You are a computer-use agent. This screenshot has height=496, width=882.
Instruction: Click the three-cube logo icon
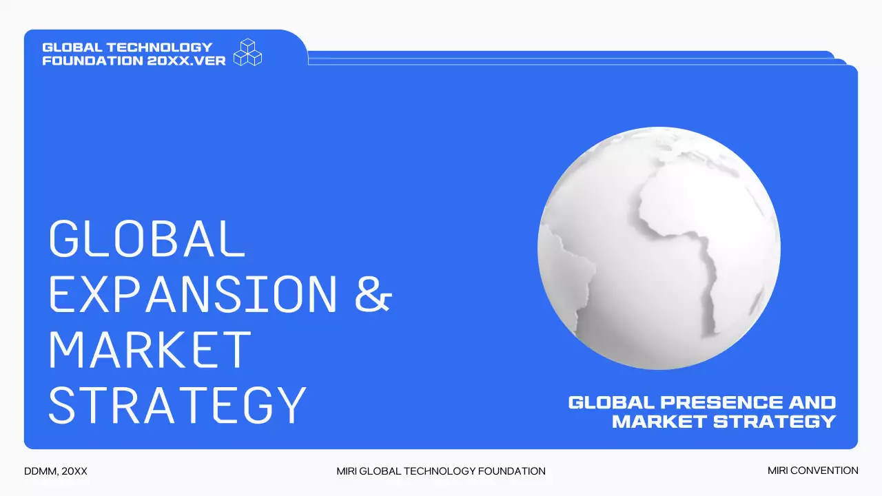point(247,52)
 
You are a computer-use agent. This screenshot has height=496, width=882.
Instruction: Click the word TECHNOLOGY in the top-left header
point(159,48)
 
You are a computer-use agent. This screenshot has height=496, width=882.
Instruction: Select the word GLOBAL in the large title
point(147,238)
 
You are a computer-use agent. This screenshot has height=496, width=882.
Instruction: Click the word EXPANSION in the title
point(193,294)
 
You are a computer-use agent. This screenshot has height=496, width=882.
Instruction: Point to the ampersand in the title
point(373,294)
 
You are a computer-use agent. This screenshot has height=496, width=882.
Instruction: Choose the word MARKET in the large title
point(150,349)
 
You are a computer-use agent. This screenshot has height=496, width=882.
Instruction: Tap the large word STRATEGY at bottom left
point(177,405)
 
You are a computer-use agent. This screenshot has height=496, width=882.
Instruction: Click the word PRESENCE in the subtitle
point(721,402)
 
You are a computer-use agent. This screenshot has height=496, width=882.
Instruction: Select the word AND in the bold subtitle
point(812,402)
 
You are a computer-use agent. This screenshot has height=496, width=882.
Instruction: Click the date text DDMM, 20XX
point(56,471)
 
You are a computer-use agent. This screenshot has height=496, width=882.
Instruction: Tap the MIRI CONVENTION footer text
point(812,471)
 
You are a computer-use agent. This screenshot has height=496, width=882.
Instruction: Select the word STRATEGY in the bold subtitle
point(775,422)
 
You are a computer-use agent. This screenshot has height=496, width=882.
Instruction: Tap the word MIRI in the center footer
point(347,471)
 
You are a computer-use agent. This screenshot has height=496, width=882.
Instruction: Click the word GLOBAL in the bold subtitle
point(611,402)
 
